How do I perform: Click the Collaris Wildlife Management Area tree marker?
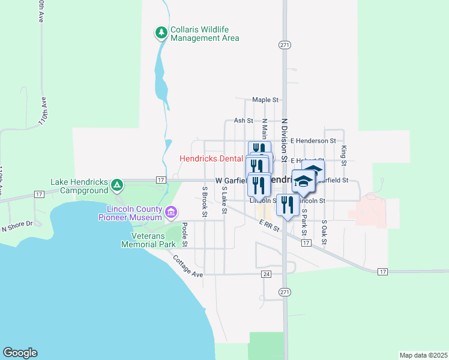[161, 32]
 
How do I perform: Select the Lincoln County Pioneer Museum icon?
[172, 211]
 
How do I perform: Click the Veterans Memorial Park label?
[148, 240]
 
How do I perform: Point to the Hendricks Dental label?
[211, 159]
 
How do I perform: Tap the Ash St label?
[243, 121]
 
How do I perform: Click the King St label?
[344, 155]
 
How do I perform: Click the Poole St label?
[185, 235]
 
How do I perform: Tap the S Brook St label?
[205, 201]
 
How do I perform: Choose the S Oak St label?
[324, 231]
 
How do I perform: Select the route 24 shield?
[267, 274]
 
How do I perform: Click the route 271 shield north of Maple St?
[285, 45]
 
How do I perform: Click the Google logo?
[20, 353]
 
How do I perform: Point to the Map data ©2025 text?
[423, 355]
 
